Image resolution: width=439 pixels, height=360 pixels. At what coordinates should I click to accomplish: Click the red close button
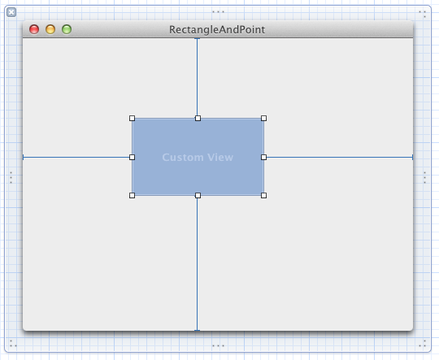(x=34, y=29)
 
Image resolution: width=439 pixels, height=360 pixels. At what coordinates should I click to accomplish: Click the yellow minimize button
(x=50, y=29)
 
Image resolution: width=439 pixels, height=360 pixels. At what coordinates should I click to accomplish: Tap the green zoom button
(x=67, y=29)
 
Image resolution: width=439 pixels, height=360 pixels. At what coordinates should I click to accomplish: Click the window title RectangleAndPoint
(x=217, y=30)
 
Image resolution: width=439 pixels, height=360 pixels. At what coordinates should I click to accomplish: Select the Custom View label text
(x=198, y=158)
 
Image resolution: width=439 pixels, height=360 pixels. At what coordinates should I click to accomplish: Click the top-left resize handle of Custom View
(x=133, y=119)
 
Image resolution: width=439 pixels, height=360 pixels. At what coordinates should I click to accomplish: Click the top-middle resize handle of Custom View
(x=198, y=119)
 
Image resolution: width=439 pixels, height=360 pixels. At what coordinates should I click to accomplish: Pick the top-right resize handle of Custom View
(x=263, y=119)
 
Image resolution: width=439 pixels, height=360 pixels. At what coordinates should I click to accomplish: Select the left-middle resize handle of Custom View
(x=133, y=158)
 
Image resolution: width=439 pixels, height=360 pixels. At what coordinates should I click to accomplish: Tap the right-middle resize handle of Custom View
(x=263, y=158)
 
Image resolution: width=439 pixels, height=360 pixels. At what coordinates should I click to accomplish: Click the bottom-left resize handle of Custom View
(x=133, y=195)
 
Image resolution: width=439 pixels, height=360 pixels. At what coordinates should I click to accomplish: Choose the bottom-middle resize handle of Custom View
(x=198, y=195)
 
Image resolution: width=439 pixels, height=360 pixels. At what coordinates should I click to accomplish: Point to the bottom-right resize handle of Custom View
(x=263, y=195)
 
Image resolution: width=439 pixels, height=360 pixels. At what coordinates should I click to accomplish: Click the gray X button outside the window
(x=11, y=12)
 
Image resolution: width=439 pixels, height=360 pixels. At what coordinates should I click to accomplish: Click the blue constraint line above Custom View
(x=197, y=77)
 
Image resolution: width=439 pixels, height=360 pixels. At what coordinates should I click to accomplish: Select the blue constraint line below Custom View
(x=197, y=264)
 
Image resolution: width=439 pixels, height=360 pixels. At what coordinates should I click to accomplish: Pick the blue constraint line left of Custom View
(x=76, y=158)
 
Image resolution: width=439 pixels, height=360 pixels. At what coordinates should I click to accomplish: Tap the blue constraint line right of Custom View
(x=340, y=158)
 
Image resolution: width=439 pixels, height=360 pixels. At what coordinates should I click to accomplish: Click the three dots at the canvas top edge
(x=218, y=11)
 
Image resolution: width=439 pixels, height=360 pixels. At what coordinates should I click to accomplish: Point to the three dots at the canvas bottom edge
(x=218, y=345)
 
